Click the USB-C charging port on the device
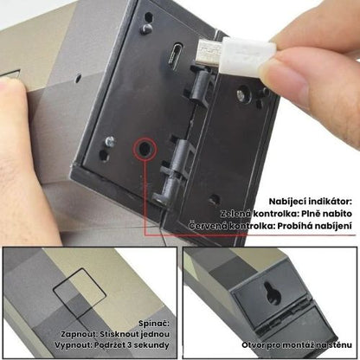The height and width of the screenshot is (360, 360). click(x=177, y=55)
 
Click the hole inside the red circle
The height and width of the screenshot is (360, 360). click(x=145, y=148)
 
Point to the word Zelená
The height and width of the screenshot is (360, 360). click(x=236, y=214)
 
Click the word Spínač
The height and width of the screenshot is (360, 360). click(x=153, y=324)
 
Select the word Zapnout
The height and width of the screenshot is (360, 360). click(x=78, y=335)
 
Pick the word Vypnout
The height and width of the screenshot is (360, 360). click(x=72, y=345)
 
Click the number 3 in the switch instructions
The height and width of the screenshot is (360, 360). click(x=129, y=345)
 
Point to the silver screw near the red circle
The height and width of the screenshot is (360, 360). click(x=109, y=141)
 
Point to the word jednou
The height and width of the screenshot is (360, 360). click(x=155, y=335)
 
